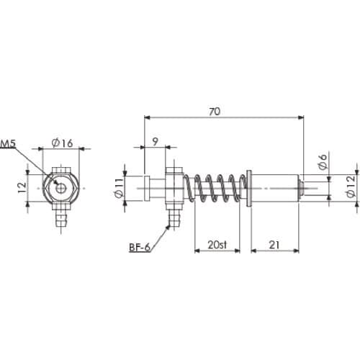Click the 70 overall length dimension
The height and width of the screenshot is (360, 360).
(215, 112)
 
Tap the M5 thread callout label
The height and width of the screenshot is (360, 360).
(8, 143)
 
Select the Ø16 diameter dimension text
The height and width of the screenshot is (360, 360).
(62, 143)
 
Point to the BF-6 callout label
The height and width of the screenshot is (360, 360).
(140, 247)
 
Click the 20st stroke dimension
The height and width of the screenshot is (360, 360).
(217, 245)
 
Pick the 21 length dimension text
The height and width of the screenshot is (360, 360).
(274, 245)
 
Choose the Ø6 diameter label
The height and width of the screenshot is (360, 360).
(323, 161)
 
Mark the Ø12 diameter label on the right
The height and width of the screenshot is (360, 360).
(351, 186)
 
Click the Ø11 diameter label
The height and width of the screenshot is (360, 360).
(120, 188)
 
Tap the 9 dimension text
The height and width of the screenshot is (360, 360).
(156, 142)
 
